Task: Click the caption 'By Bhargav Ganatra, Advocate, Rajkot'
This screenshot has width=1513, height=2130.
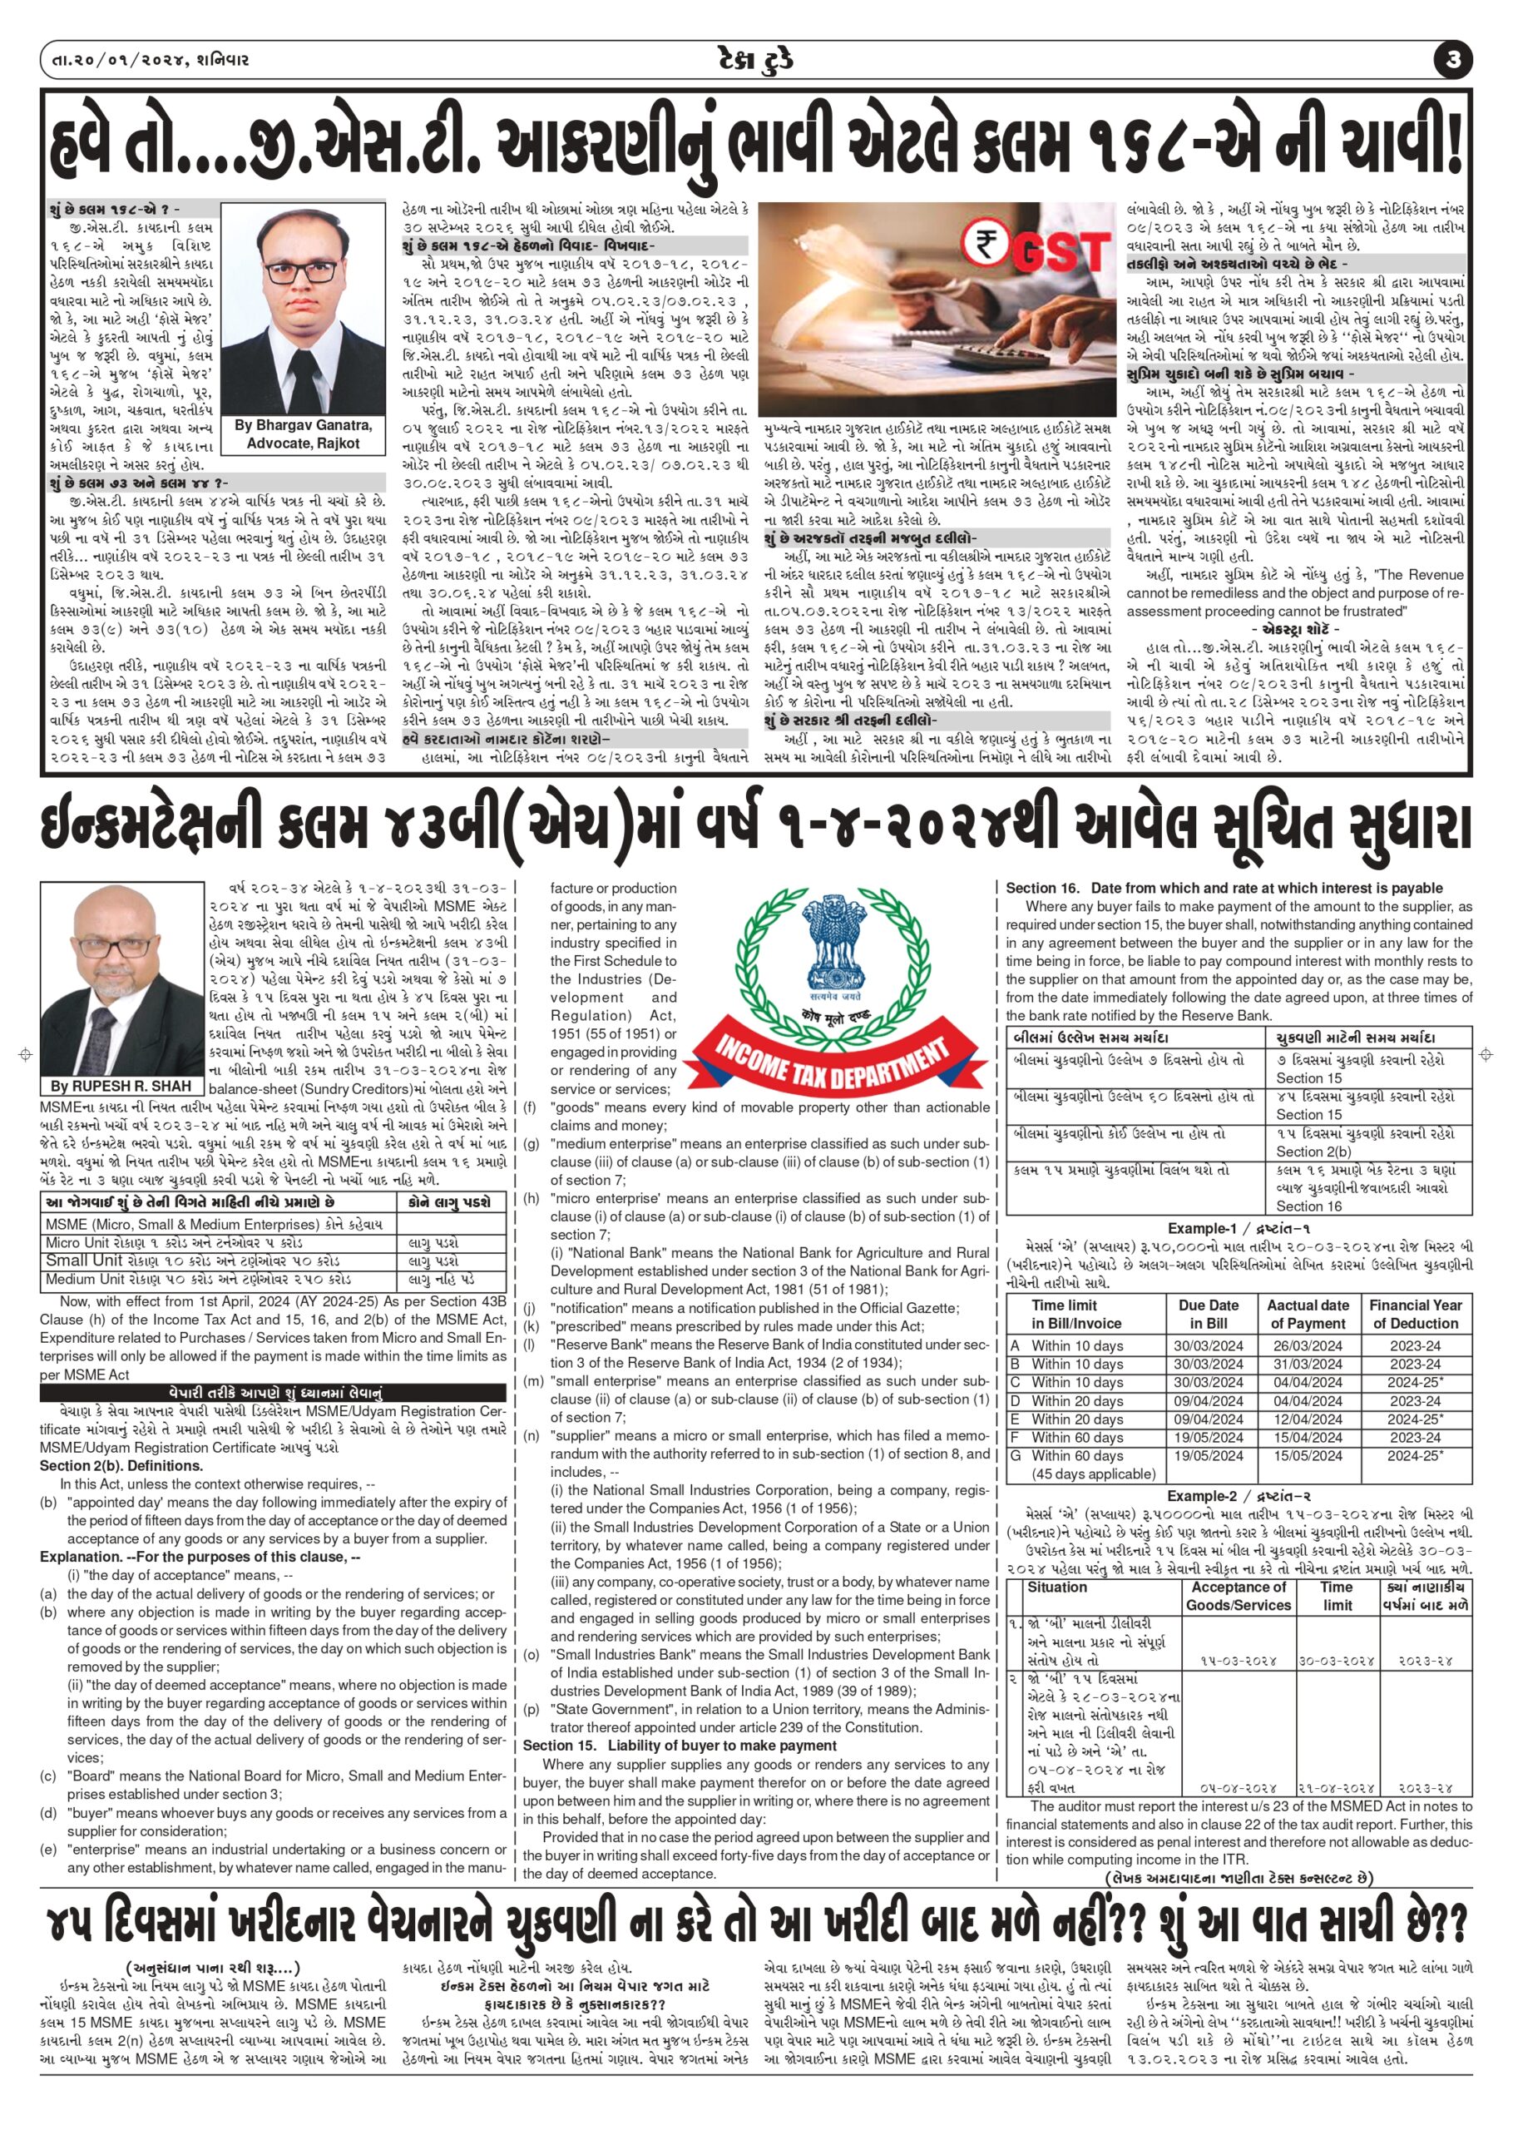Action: [304, 434]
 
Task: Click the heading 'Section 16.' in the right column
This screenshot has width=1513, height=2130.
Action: [1041, 888]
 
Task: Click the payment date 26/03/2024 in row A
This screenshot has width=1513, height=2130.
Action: [1308, 1345]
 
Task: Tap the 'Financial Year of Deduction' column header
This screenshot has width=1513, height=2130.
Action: [1415, 1315]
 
